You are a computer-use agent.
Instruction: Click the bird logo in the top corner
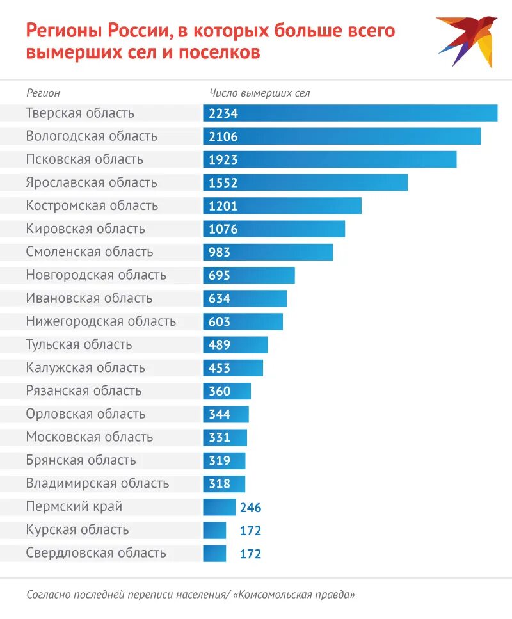click(467, 40)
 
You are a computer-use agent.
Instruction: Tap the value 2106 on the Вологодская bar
click(223, 136)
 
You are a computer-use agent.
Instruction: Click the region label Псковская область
click(84, 159)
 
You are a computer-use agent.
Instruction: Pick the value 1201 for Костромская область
click(223, 205)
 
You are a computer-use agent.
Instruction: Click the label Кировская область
click(86, 229)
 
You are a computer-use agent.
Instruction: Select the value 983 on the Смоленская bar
click(220, 252)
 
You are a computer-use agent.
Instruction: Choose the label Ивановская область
click(89, 298)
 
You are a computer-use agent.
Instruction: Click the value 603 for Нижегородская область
click(220, 321)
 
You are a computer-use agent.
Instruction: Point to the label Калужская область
click(86, 367)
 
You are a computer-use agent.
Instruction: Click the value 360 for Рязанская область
click(220, 390)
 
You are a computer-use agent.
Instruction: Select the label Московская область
click(90, 437)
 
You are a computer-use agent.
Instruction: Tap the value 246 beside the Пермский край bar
click(251, 508)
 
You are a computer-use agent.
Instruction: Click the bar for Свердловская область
click(214, 553)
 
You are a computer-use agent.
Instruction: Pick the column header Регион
click(44, 93)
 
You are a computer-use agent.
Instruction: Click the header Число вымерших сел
click(260, 93)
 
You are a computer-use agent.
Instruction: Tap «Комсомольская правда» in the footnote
click(294, 594)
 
